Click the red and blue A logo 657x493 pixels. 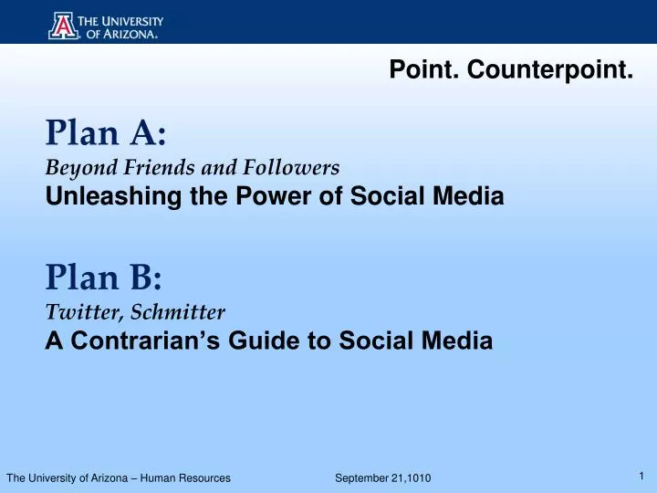(62, 25)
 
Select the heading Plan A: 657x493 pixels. (106, 134)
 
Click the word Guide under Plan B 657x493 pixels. (259, 341)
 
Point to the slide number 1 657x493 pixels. (642, 475)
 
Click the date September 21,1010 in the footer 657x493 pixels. (383, 478)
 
